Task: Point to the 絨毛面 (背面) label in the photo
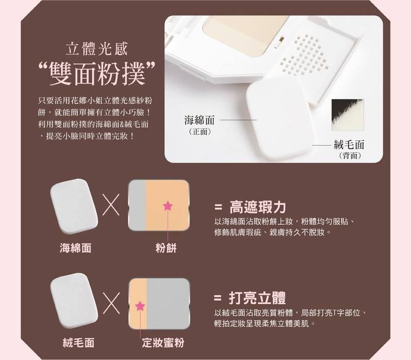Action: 349,149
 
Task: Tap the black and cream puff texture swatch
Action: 348,115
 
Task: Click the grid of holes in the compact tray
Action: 305,55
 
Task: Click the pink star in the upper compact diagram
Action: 168,206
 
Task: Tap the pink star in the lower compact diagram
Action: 140,306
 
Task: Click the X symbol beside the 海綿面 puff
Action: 111,205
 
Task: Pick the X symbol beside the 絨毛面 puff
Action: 112,303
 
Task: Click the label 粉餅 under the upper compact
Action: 166,248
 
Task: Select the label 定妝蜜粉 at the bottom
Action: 163,343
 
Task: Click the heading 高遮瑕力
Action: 257,207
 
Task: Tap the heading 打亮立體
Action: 257,298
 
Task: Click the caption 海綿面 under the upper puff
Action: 76,248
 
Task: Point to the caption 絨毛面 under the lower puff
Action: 78,343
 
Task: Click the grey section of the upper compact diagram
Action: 137,205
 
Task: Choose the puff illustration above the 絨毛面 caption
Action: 74,301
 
